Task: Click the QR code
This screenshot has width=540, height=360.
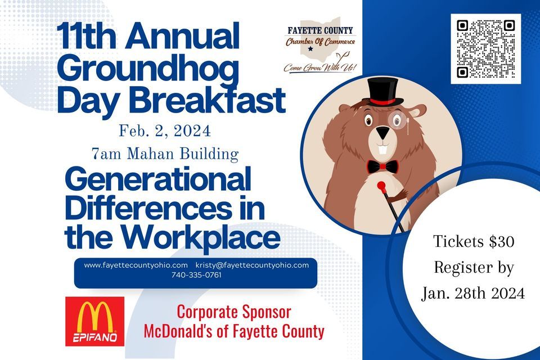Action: tap(485, 49)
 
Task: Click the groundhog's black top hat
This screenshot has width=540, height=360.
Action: tap(382, 92)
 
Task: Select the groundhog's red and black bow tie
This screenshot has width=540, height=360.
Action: tap(382, 166)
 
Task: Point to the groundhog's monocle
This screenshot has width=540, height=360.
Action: tap(396, 120)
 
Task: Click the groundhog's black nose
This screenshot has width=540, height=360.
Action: tap(382, 132)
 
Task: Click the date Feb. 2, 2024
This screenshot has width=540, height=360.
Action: tap(165, 131)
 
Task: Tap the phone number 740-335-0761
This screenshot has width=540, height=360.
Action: tap(196, 275)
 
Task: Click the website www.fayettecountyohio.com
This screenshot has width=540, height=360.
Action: tap(136, 265)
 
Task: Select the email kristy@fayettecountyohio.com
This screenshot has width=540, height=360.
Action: tap(252, 265)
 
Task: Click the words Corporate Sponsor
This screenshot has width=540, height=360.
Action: tap(234, 312)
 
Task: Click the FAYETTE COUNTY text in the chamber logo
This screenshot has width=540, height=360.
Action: tap(320, 31)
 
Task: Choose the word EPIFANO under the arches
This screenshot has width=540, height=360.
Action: tap(94, 337)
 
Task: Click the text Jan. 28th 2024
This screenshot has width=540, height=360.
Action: tap(473, 293)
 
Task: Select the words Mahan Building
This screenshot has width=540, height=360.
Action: tap(182, 154)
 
